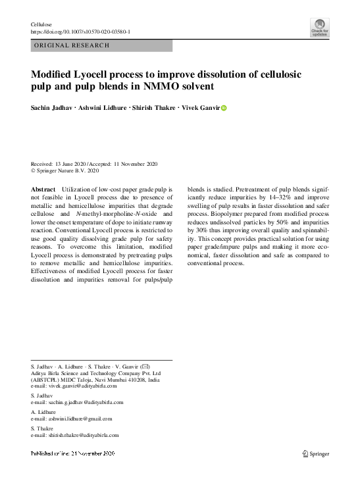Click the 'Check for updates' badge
pyautogui.click(x=319, y=28)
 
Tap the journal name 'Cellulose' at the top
pyautogui.click(x=41, y=24)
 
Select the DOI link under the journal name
pyautogui.click(x=80, y=31)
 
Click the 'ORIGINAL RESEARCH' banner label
pyautogui.click(x=72, y=45)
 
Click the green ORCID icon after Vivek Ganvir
pyautogui.click(x=223, y=108)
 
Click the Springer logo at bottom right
pyautogui.click(x=315, y=453)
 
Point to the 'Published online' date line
pyautogui.click(x=73, y=453)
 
